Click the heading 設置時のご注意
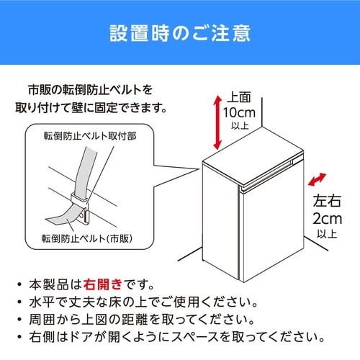click(180, 33)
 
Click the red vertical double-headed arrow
click(217, 122)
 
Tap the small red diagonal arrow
click(317, 179)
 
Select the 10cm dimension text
click(239, 112)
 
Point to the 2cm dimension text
click(327, 219)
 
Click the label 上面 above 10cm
click(239, 97)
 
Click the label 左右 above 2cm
click(327, 201)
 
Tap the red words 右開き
click(103, 284)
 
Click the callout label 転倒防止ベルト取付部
click(90, 136)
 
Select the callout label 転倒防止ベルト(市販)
click(87, 238)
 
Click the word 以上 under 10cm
click(240, 125)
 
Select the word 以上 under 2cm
click(327, 233)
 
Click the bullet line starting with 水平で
click(143, 302)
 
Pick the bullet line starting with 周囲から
click(142, 320)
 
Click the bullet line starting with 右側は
click(177, 337)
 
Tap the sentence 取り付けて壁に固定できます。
click(91, 108)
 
